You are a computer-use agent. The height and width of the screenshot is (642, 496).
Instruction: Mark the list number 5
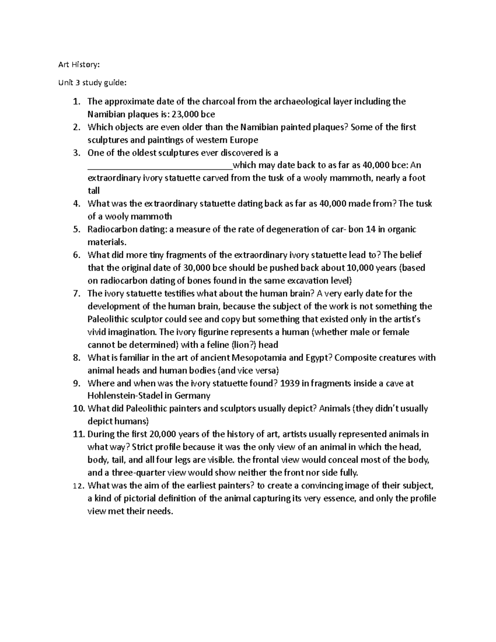(x=76, y=229)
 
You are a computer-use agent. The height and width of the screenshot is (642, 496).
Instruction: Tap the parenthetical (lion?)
(x=243, y=345)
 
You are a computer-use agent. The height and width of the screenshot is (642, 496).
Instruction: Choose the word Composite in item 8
(x=354, y=358)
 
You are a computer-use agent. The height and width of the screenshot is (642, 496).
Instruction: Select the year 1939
(x=289, y=383)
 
